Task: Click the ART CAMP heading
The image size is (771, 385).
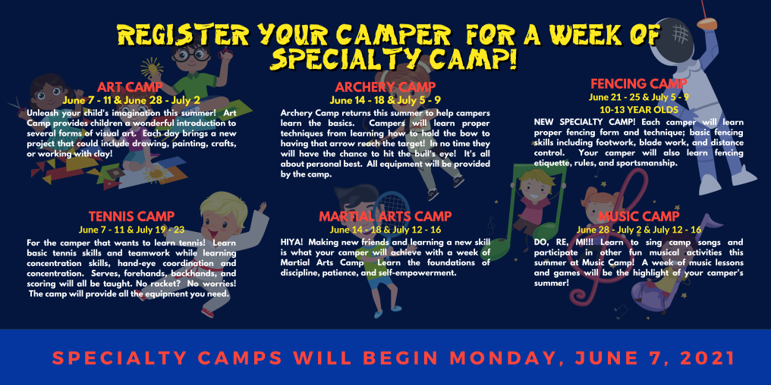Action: [x=131, y=87]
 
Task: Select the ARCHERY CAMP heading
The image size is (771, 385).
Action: [x=385, y=87]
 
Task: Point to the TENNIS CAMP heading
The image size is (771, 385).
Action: [x=131, y=217]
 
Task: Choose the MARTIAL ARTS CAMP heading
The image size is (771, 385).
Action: [x=385, y=217]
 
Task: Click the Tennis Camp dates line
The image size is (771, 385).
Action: [x=131, y=229]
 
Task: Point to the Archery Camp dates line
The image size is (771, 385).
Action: [x=385, y=99]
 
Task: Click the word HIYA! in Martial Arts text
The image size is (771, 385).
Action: [x=293, y=241]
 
